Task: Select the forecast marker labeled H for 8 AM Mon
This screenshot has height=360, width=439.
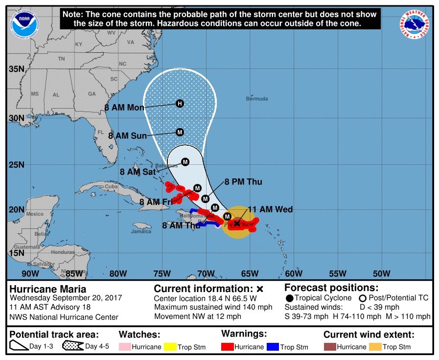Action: [180, 103]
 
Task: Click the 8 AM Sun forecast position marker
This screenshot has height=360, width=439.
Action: [180, 132]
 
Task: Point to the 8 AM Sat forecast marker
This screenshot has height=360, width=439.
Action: [185, 162]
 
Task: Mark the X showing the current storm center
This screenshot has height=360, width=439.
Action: [237, 223]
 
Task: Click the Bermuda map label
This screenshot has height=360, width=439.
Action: [257, 99]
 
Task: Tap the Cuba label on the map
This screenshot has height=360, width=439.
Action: [112, 186]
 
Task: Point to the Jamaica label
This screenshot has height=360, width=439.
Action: [141, 231]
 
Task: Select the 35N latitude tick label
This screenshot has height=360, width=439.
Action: [16, 69]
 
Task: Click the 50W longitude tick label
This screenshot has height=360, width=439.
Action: [381, 273]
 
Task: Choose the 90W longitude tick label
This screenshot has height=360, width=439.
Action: [30, 273]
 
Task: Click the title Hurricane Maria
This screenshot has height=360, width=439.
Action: [48, 289]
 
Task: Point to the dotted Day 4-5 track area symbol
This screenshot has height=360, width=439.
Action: [71, 346]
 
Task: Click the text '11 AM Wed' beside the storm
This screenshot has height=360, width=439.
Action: [270, 210]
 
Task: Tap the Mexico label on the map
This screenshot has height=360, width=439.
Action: [35, 214]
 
